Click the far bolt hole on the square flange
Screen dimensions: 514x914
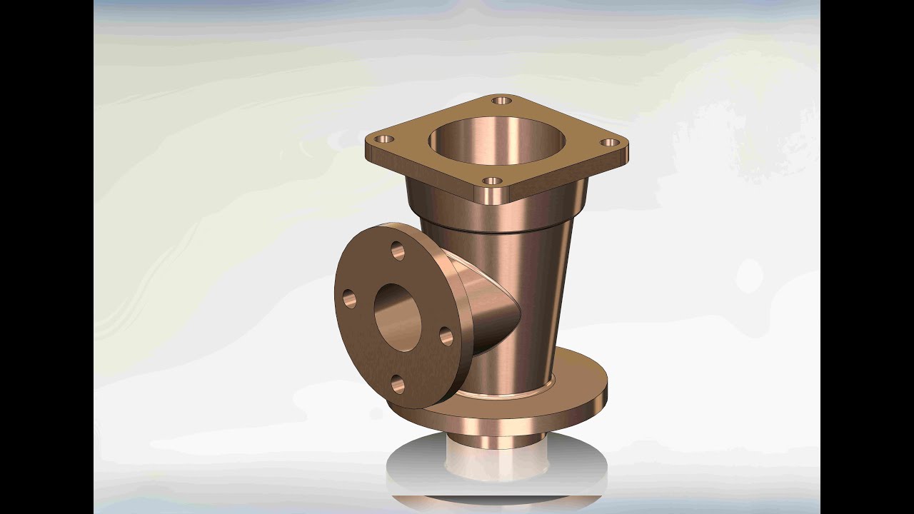coord(502,101)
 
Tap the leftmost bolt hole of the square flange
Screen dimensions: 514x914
coord(385,138)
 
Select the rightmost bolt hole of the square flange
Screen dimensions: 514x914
coord(611,142)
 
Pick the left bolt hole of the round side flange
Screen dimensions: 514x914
coord(349,298)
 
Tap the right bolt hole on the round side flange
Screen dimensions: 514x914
coord(446,336)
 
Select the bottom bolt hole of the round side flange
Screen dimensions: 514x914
coord(398,385)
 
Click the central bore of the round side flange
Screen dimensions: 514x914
coord(397,316)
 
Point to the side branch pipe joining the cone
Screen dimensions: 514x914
coord(493,300)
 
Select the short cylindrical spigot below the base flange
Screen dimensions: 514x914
coord(493,439)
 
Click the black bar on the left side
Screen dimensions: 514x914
coord(46,257)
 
